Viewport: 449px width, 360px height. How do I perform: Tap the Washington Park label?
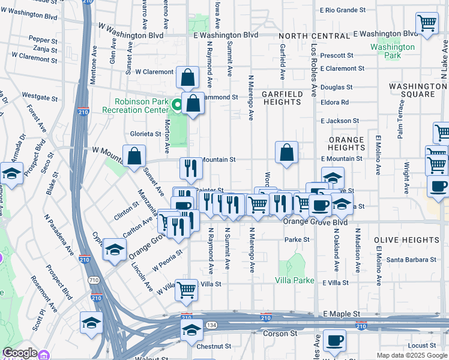[x=393, y=51]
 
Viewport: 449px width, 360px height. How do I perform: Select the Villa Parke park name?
[x=295, y=280]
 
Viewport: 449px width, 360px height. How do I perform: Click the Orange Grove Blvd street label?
[x=315, y=222]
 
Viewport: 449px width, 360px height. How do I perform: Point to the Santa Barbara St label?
[x=411, y=260]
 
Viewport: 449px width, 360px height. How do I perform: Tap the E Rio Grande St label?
[x=343, y=10]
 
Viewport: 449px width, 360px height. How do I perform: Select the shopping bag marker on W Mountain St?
[x=134, y=156]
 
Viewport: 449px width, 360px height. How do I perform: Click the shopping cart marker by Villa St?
[x=187, y=290]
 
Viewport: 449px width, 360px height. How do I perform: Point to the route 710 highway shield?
[x=94, y=280]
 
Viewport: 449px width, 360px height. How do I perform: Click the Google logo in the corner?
[x=19, y=353]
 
